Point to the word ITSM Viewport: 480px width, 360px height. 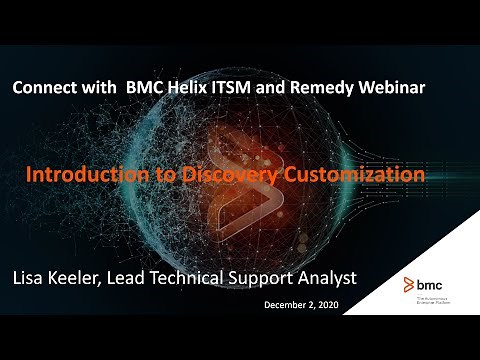pyautogui.click(x=238, y=88)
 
